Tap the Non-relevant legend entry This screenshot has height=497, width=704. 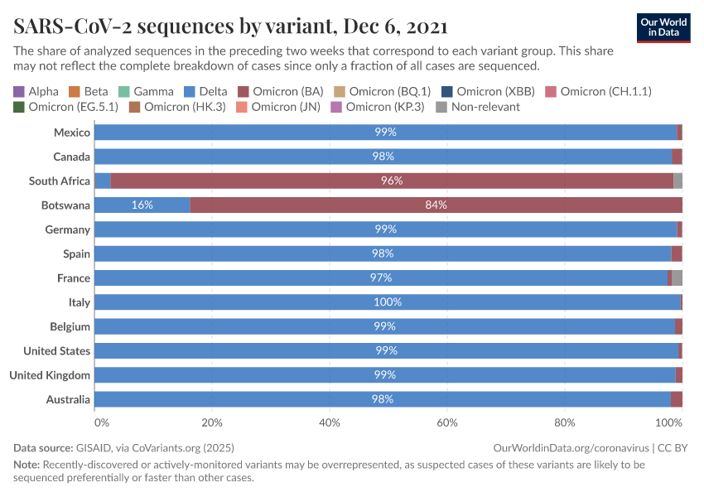click(x=489, y=106)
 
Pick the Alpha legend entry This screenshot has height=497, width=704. click(x=36, y=91)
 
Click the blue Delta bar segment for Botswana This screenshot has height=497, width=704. click(x=142, y=205)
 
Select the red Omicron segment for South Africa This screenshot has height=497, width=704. click(x=392, y=181)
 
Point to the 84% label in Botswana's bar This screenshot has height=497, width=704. click(x=436, y=205)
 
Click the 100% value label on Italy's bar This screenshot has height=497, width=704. click(x=387, y=302)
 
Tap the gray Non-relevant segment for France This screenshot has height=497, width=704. click(x=677, y=278)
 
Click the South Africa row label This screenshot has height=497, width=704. click(x=60, y=181)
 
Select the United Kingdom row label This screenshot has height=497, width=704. click(x=50, y=375)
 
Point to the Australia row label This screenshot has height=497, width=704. click(x=68, y=399)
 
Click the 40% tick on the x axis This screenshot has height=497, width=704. click(x=330, y=422)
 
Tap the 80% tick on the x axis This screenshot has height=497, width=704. click(x=565, y=422)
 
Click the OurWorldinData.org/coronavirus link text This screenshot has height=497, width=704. click(x=570, y=447)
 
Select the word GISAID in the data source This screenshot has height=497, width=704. click(x=91, y=447)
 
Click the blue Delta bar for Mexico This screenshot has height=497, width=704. click(x=385, y=132)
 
